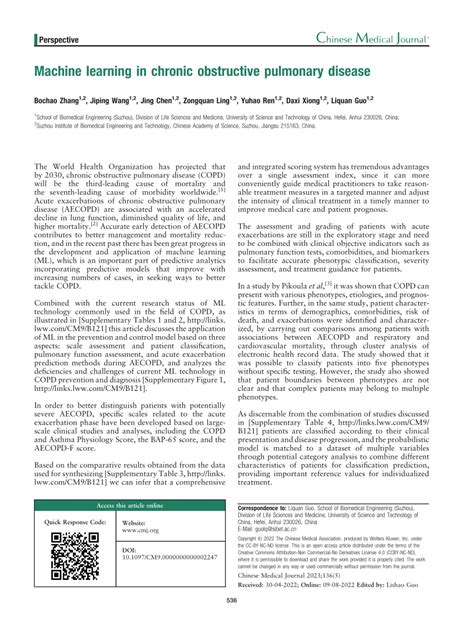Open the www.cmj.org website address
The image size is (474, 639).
pyautogui.click(x=141, y=558)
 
